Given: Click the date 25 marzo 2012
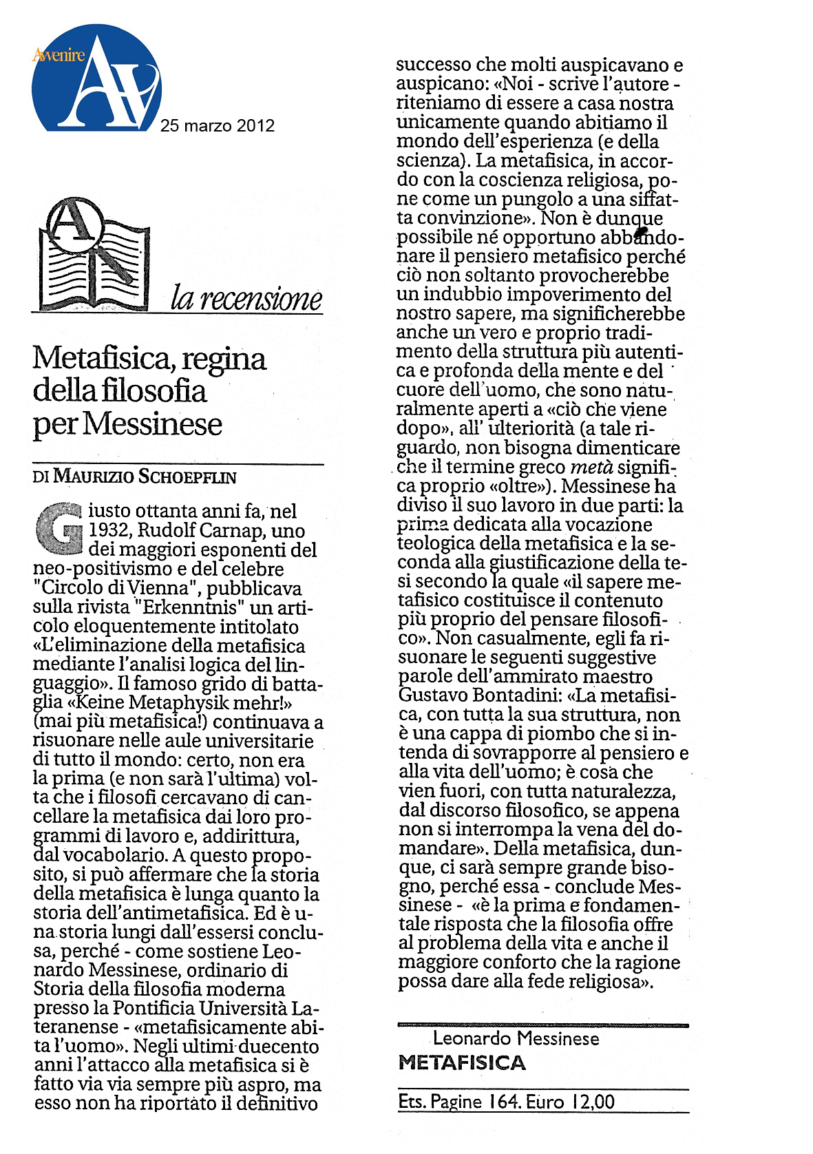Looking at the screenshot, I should click(x=218, y=125).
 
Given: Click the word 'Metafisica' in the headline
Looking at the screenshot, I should click(x=101, y=358).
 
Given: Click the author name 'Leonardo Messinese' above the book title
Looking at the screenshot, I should click(x=516, y=1038).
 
